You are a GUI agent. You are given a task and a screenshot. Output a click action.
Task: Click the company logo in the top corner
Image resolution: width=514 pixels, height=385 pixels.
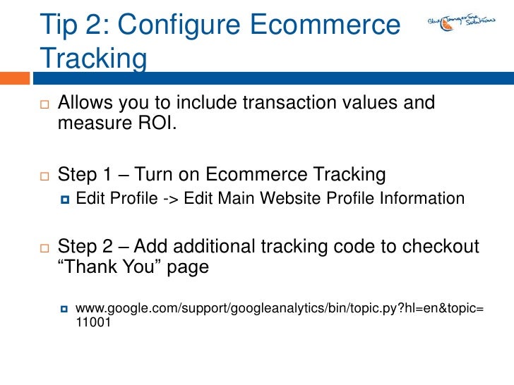460,23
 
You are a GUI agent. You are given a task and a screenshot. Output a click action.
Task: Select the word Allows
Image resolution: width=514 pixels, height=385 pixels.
88,104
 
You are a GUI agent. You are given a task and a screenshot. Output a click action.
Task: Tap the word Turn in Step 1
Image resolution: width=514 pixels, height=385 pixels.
155,174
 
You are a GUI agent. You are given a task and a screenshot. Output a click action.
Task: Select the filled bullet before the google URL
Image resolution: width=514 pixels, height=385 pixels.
64,309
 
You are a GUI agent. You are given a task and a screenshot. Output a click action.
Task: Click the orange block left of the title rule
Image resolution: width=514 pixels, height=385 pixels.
16,74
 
